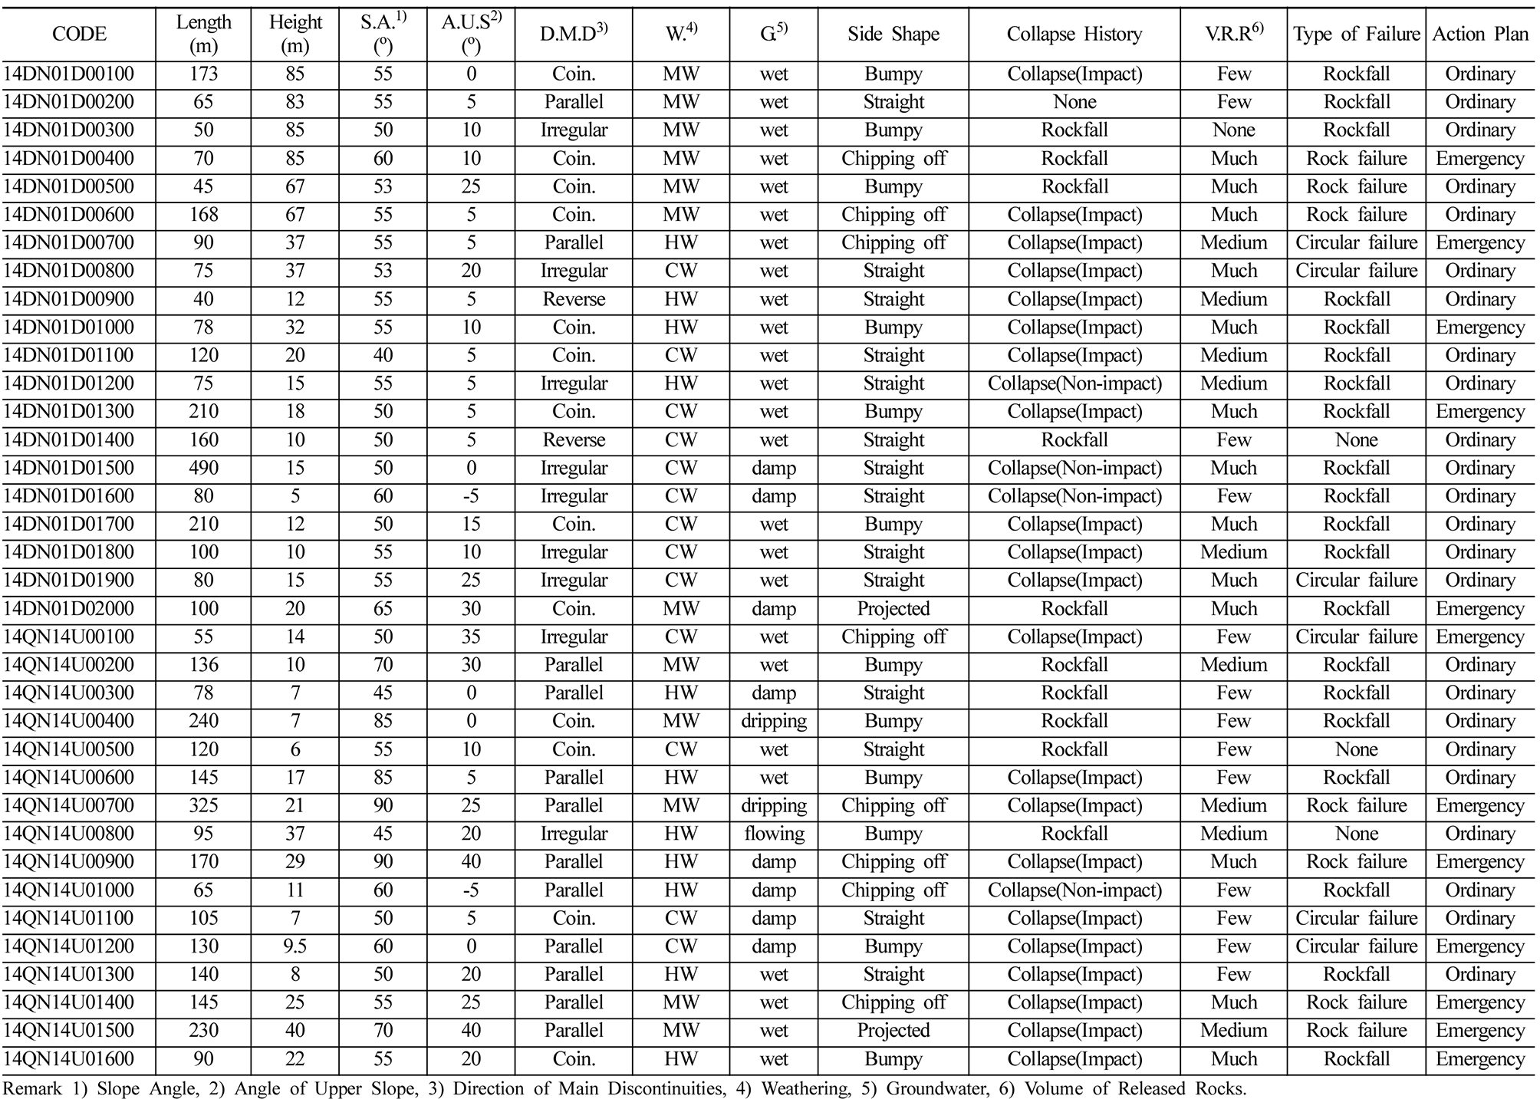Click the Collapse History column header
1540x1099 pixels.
click(x=1074, y=35)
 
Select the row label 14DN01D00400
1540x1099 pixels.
click(x=68, y=159)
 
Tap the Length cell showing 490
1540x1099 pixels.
click(x=203, y=469)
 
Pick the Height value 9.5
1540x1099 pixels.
click(x=295, y=947)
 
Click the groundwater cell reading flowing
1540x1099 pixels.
click(x=774, y=834)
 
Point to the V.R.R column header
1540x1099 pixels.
click(x=1233, y=33)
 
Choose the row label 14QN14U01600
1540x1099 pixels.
click(x=68, y=1060)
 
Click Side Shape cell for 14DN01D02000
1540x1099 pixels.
click(x=893, y=610)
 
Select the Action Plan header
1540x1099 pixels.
click(x=1480, y=35)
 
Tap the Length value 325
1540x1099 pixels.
click(x=203, y=806)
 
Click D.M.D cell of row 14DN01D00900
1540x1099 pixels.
click(x=574, y=300)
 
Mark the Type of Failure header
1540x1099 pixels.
click(x=1356, y=35)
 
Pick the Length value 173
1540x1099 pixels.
click(x=203, y=74)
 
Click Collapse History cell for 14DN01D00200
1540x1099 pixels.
click(x=1074, y=103)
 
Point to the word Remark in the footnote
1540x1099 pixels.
click(x=31, y=1088)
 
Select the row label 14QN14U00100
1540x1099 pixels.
click(x=68, y=637)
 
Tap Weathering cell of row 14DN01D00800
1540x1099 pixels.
click(x=680, y=271)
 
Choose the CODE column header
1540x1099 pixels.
click(x=79, y=35)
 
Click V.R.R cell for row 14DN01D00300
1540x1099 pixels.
click(x=1233, y=130)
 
